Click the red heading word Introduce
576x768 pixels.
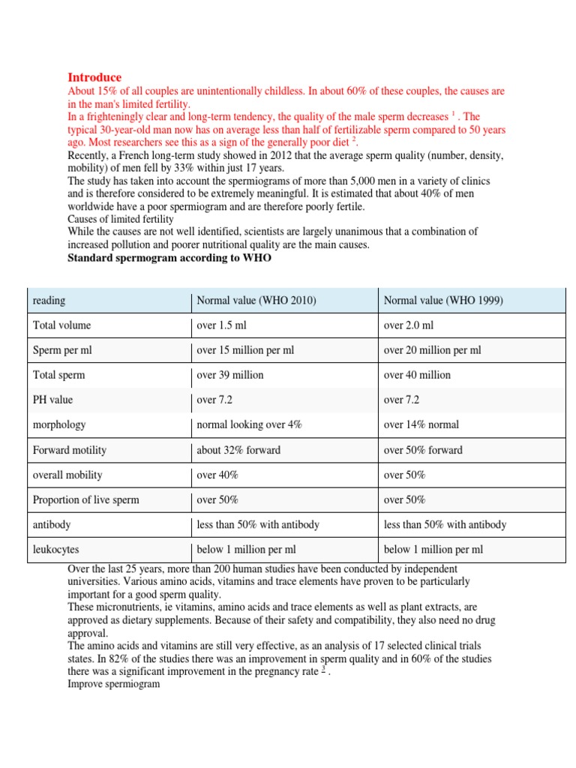pyautogui.click(x=94, y=77)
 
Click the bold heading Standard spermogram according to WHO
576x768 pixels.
pyautogui.click(x=169, y=258)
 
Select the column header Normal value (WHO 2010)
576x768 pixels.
pyautogui.click(x=256, y=301)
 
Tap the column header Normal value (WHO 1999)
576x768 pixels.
pyautogui.click(x=443, y=301)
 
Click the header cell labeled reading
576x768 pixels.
pyautogui.click(x=49, y=301)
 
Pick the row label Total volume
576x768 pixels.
pyautogui.click(x=62, y=325)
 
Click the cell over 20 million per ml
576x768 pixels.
pyautogui.click(x=432, y=350)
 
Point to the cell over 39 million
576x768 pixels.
pyautogui.click(x=229, y=375)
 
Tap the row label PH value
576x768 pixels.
pyautogui.click(x=53, y=400)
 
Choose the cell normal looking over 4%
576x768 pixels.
pyautogui.click(x=249, y=424)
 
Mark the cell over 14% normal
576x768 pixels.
pyautogui.click(x=421, y=424)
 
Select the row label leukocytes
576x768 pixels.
pyautogui.click(x=56, y=550)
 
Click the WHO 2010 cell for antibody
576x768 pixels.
pyautogui.click(x=258, y=525)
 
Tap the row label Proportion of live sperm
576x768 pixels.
pyautogui.click(x=86, y=499)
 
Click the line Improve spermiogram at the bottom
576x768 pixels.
pyautogui.click(x=114, y=685)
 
